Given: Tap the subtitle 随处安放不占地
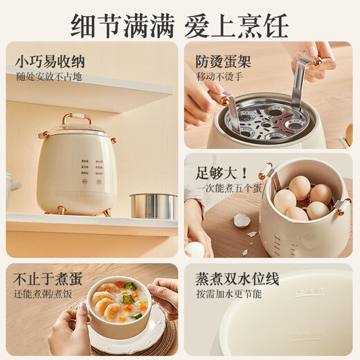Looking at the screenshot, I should tap(49, 77).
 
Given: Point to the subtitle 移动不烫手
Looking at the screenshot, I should tap(221, 77).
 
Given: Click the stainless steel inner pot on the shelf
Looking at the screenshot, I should tap(153, 206).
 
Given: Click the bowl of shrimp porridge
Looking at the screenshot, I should tap(120, 305).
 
